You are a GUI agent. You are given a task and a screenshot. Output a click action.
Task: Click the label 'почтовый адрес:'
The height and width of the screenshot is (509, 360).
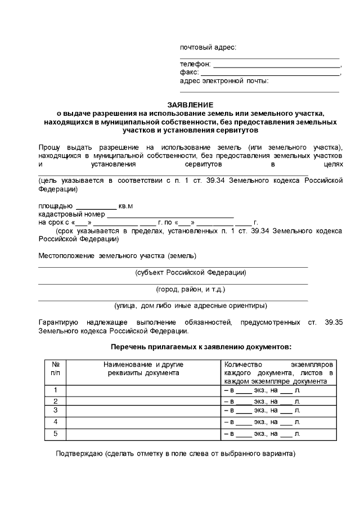pos(208,47)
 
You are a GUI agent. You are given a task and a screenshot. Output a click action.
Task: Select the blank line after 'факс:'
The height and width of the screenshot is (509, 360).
pos(270,73)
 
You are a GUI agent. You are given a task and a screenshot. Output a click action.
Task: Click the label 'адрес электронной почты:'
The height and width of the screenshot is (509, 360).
pos(224,81)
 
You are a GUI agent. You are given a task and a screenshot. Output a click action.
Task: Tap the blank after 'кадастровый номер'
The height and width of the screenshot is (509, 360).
pos(170,215)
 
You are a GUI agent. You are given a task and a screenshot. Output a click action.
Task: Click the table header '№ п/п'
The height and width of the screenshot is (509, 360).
pos(55,368)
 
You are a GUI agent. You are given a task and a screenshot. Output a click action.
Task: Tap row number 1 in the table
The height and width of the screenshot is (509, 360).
pos(55,390)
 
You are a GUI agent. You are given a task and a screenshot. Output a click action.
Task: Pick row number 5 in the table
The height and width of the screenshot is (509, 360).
pos(55,434)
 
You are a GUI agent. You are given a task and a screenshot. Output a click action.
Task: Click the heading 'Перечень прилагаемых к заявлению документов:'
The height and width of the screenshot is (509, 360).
pos(201,347)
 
